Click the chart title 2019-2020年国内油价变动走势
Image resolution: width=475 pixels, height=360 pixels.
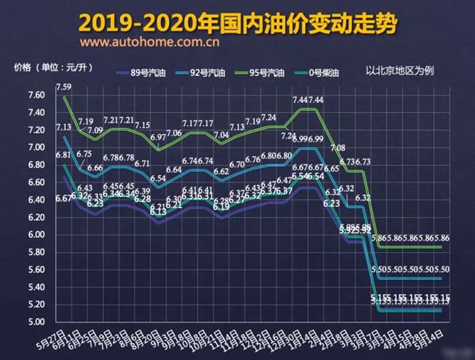(x=237, y=22)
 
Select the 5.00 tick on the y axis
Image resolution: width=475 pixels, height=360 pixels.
(x=17, y=321)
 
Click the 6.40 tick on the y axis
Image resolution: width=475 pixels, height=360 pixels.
(x=17, y=199)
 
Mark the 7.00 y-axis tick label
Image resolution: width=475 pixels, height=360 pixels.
(x=17, y=147)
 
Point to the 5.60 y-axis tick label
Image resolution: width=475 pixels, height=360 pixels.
(x=17, y=269)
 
